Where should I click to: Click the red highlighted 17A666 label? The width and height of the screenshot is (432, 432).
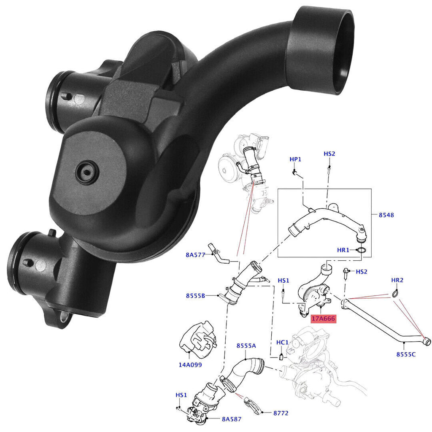[323, 319]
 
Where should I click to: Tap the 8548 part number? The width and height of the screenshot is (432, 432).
[386, 215]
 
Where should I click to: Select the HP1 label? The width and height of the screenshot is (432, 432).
[295, 159]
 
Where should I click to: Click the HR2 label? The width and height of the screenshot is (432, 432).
[397, 280]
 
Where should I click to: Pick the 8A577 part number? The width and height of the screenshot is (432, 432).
[195, 254]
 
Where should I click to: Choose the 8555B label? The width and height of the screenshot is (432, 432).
[195, 296]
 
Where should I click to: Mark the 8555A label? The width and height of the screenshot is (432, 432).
[246, 346]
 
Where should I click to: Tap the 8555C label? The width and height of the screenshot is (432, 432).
[406, 354]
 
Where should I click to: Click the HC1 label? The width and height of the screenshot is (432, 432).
[282, 343]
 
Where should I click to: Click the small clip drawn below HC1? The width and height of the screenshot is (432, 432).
[280, 358]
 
